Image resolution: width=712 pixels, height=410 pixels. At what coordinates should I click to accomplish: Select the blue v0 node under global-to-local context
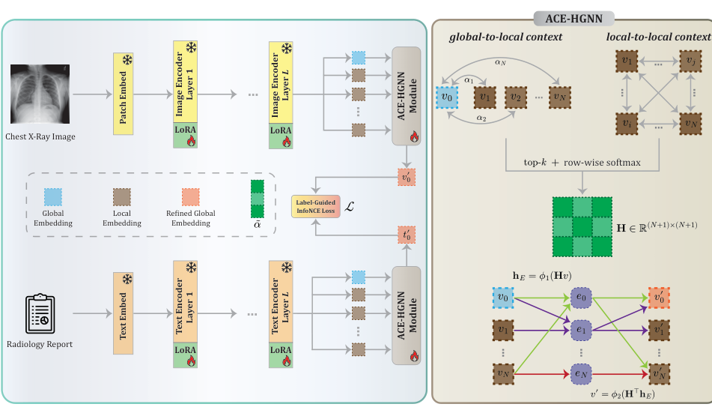448,97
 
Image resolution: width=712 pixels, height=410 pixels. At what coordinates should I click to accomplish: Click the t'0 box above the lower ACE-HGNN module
407,232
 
